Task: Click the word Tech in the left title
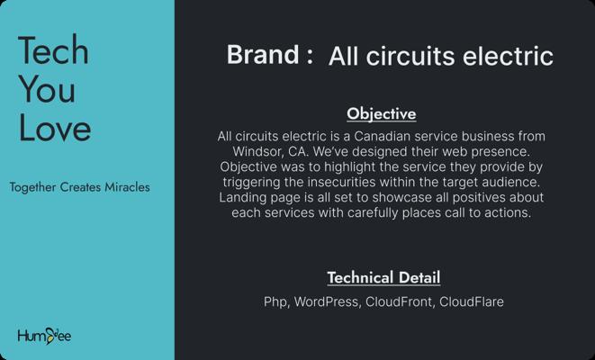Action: click(53, 49)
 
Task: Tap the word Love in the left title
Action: click(55, 127)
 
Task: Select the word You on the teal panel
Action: click(47, 88)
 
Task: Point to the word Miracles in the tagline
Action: click(127, 187)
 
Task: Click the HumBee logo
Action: click(44, 336)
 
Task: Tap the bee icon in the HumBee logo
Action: click(50, 336)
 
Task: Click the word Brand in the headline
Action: click(263, 54)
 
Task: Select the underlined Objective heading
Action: click(382, 114)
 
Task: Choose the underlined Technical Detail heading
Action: click(383, 277)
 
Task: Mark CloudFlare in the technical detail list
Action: click(472, 301)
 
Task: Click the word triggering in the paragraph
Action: click(251, 183)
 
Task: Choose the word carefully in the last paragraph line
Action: click(373, 212)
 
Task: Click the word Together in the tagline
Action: click(33, 187)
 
